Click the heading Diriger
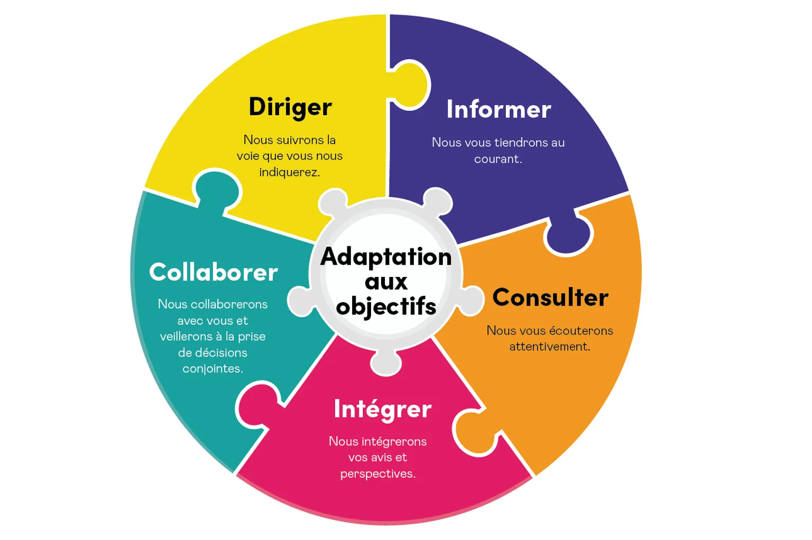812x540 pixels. point(290,107)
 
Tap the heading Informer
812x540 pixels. point(499,109)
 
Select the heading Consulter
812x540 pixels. point(550,297)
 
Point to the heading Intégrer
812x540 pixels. point(383,409)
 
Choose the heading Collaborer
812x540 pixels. point(214,273)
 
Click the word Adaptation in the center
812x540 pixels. point(386,257)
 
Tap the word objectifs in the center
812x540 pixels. point(386,306)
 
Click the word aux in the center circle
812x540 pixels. point(386,282)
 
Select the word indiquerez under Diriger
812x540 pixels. point(289,172)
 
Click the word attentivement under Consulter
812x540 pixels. point(549,347)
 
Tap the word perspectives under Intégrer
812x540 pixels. point(377,474)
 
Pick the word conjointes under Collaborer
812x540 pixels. point(213,369)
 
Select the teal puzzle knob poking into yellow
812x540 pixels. point(217,190)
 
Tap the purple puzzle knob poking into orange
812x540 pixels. point(569,234)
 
